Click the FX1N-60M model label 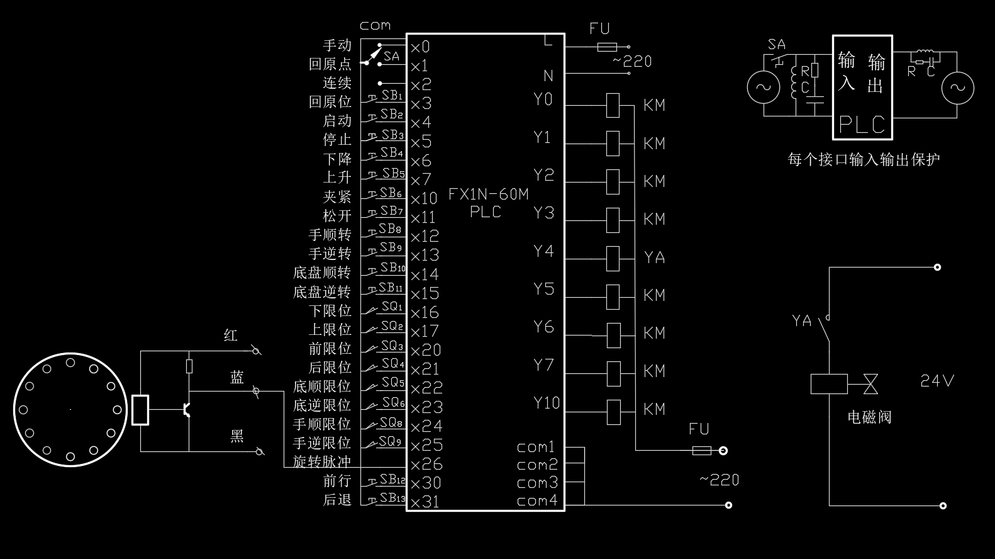[488, 194]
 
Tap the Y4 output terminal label [543, 251]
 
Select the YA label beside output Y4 [654, 257]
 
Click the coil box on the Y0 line [613, 105]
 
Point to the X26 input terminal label [426, 465]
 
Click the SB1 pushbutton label [391, 96]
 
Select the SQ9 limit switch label [390, 442]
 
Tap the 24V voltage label [937, 381]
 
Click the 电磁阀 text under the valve [869, 417]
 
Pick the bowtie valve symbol [870, 383]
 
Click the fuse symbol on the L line [607, 47]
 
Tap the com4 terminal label [536, 501]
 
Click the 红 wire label [231, 336]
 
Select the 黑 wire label [237, 436]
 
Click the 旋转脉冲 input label [321, 462]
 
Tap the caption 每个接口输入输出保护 [864, 159]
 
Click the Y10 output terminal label [546, 403]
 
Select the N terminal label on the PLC [548, 76]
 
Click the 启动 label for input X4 [337, 120]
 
